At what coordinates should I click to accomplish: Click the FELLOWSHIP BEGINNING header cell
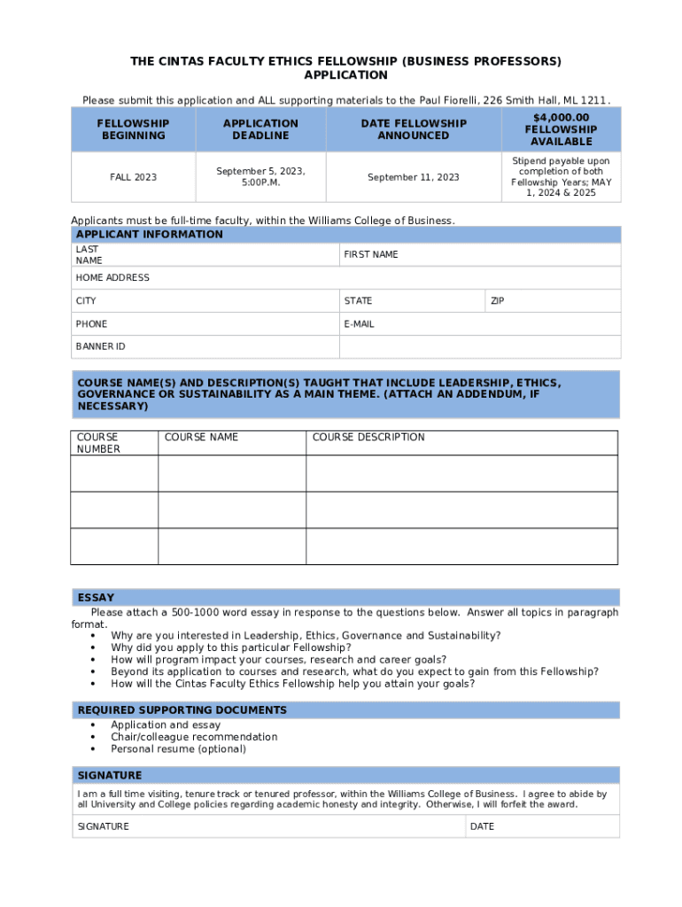pyautogui.click(x=133, y=129)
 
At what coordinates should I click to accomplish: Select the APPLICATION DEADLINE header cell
pyautogui.click(x=260, y=129)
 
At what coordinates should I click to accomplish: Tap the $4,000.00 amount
pyautogui.click(x=562, y=118)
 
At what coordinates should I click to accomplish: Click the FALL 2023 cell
pyautogui.click(x=133, y=177)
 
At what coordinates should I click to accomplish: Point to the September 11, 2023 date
pyautogui.click(x=414, y=177)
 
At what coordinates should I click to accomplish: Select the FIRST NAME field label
pyautogui.click(x=371, y=254)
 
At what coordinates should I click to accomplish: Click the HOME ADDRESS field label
pyautogui.click(x=112, y=278)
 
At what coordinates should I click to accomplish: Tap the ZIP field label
pyautogui.click(x=498, y=301)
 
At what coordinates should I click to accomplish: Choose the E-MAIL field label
pyautogui.click(x=359, y=324)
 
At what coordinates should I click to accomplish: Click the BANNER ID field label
pyautogui.click(x=100, y=347)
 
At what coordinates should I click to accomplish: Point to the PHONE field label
pyautogui.click(x=91, y=324)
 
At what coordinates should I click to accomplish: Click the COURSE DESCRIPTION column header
pyautogui.click(x=368, y=438)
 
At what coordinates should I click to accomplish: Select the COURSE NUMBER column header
pyautogui.click(x=98, y=443)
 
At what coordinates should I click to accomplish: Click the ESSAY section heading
pyautogui.click(x=96, y=598)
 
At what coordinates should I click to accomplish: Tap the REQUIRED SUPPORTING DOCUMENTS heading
pyautogui.click(x=182, y=710)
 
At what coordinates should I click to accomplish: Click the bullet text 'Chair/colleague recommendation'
pyautogui.click(x=194, y=737)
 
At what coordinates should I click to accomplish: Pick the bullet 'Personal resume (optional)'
pyautogui.click(x=178, y=749)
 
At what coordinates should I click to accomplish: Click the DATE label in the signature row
pyautogui.click(x=483, y=826)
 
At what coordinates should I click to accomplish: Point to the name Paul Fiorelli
pyautogui.click(x=435, y=101)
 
